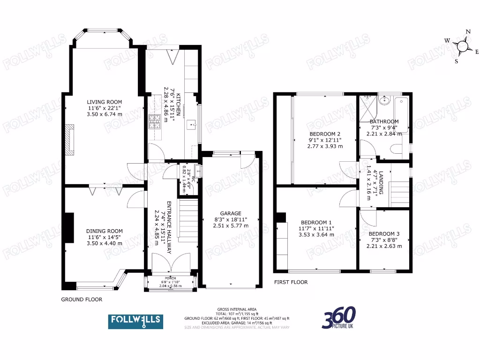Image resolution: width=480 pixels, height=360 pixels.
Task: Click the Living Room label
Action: coord(104,102)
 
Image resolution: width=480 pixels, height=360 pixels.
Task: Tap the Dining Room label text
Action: coord(104,231)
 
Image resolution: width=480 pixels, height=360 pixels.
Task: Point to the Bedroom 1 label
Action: coord(316,222)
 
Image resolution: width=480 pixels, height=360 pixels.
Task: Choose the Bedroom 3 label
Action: coord(384,234)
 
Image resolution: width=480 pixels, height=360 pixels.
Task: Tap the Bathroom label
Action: coord(384,121)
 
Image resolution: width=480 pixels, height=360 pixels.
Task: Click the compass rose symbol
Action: coord(462,46)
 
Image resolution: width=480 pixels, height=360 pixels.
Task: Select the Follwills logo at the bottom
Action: coord(136,321)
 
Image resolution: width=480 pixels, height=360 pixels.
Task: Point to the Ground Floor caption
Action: coord(82,299)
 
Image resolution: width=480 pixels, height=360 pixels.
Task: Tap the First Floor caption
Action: coord(291,282)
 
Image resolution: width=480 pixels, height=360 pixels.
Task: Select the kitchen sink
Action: coord(191,125)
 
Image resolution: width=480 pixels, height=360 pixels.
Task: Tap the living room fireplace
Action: coord(69,139)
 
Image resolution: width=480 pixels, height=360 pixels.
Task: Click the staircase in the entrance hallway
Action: coord(188,220)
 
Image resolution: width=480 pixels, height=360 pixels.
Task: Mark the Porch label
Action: coord(170,278)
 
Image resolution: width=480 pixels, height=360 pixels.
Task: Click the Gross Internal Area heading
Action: coord(236,309)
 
